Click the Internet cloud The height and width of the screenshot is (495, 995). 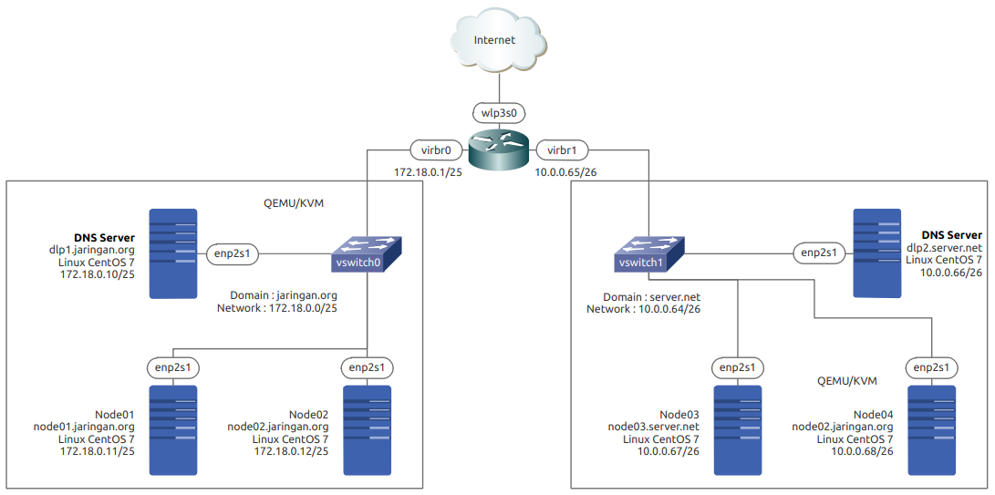tap(497, 42)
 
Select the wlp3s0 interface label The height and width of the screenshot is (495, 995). tap(499, 114)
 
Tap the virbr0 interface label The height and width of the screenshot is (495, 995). tap(430, 150)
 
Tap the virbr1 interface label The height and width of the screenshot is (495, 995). tap(561, 150)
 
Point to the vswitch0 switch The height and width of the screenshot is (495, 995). tap(366, 254)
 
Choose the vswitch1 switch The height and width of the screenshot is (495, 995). tap(646, 254)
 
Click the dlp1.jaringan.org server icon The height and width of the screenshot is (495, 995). tap(173, 253)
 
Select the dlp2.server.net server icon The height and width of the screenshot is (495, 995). tap(876, 253)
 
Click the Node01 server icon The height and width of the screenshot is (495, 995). tap(173, 430)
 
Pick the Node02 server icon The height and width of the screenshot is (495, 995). tap(367, 430)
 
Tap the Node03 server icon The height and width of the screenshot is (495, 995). tap(737, 430)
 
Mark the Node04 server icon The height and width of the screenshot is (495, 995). tap(931, 430)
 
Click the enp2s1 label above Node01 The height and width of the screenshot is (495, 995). tap(173, 367)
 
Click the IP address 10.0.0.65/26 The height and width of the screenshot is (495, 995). tap(565, 171)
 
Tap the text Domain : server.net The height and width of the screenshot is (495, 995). tap(642, 297)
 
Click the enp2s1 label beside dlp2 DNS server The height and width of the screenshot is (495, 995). tap(818, 253)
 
